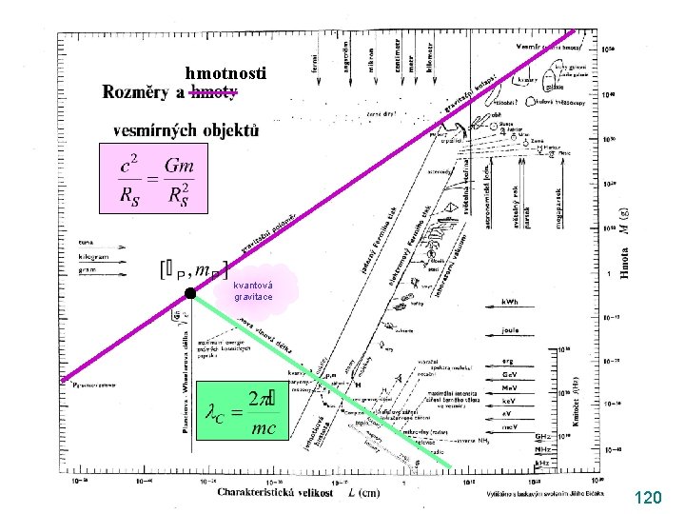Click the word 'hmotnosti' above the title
226,73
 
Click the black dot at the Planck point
190,293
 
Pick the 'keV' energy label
511,402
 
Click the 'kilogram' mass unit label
96,257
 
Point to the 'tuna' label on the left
87,243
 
